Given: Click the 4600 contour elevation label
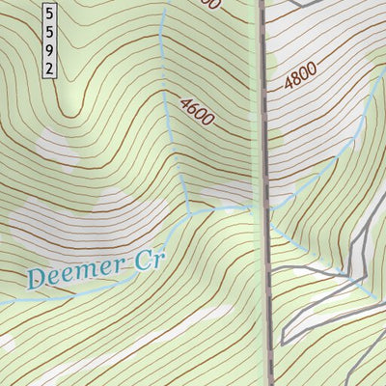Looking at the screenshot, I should pos(196,110).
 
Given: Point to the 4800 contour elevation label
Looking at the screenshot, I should pos(301,76).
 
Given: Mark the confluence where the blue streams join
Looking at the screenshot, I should pos(192,210).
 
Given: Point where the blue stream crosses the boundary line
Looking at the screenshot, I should pos(264,206).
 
